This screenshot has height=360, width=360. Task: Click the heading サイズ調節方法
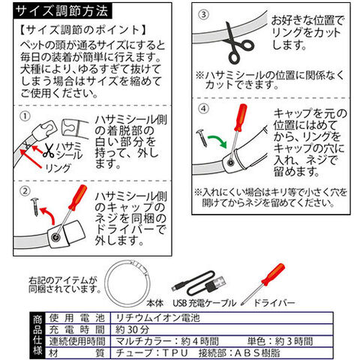point(61,11)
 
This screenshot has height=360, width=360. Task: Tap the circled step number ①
point(25,116)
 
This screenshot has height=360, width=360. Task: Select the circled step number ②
point(25,191)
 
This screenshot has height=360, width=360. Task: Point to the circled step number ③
point(203,14)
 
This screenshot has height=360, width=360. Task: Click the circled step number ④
point(203,109)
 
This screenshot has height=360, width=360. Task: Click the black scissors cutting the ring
point(238,43)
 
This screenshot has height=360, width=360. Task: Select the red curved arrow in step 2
point(47,215)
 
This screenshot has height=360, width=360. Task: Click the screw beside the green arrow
point(202,138)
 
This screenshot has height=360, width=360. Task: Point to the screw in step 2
point(35,207)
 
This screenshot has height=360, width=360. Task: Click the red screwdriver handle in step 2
point(78,197)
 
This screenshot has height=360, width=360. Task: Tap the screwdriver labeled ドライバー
point(263,284)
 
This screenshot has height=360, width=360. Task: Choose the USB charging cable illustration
point(199,283)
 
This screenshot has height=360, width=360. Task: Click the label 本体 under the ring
point(155,303)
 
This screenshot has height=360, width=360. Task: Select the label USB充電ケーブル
point(205,303)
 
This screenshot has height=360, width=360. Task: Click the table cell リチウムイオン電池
point(158,318)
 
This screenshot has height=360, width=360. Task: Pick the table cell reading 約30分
point(132,329)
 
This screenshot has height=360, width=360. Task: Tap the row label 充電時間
point(77,329)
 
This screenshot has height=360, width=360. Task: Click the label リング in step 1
point(58,168)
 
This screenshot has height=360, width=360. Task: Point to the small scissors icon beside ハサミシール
point(49,150)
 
